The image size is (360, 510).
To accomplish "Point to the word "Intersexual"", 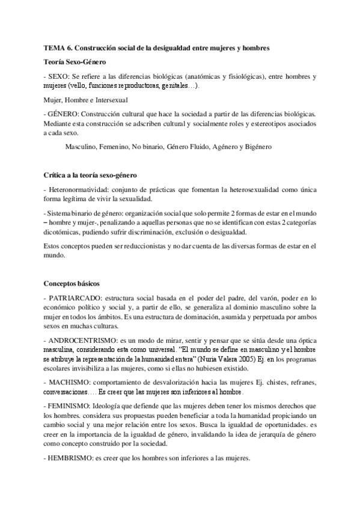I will [109, 100].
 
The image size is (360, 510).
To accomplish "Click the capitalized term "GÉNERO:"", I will [63, 114].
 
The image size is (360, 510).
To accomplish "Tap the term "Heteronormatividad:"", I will [80, 190].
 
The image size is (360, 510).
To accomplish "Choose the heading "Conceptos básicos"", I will [72, 283].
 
